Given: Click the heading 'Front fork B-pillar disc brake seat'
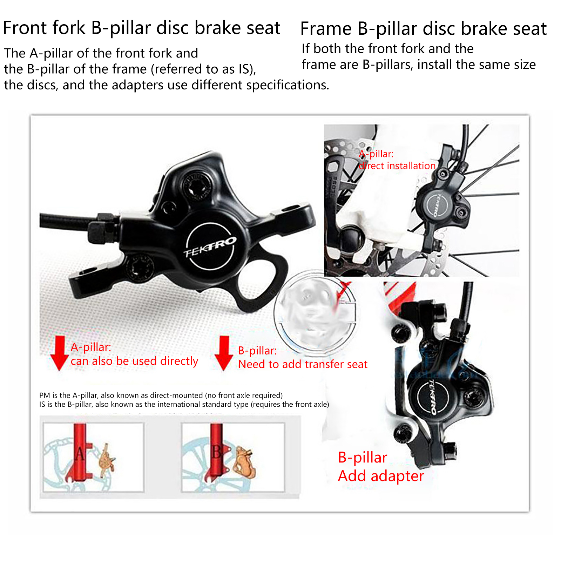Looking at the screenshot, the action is pos(142,28).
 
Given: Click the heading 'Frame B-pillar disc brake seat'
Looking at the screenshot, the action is pos(424,29).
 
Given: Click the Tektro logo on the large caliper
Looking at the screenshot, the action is pos(210,246).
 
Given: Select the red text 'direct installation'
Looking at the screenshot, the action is pos(397,165).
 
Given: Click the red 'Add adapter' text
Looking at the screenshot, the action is pos(381,476).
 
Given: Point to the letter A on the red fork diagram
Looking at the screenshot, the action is pos(80,454).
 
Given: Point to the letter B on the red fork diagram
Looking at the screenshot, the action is pos(217,452).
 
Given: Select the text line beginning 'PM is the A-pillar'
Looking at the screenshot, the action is pos(161,395).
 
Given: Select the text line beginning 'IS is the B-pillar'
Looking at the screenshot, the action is pos(184,404).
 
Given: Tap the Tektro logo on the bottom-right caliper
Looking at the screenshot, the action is pos(433,397).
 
